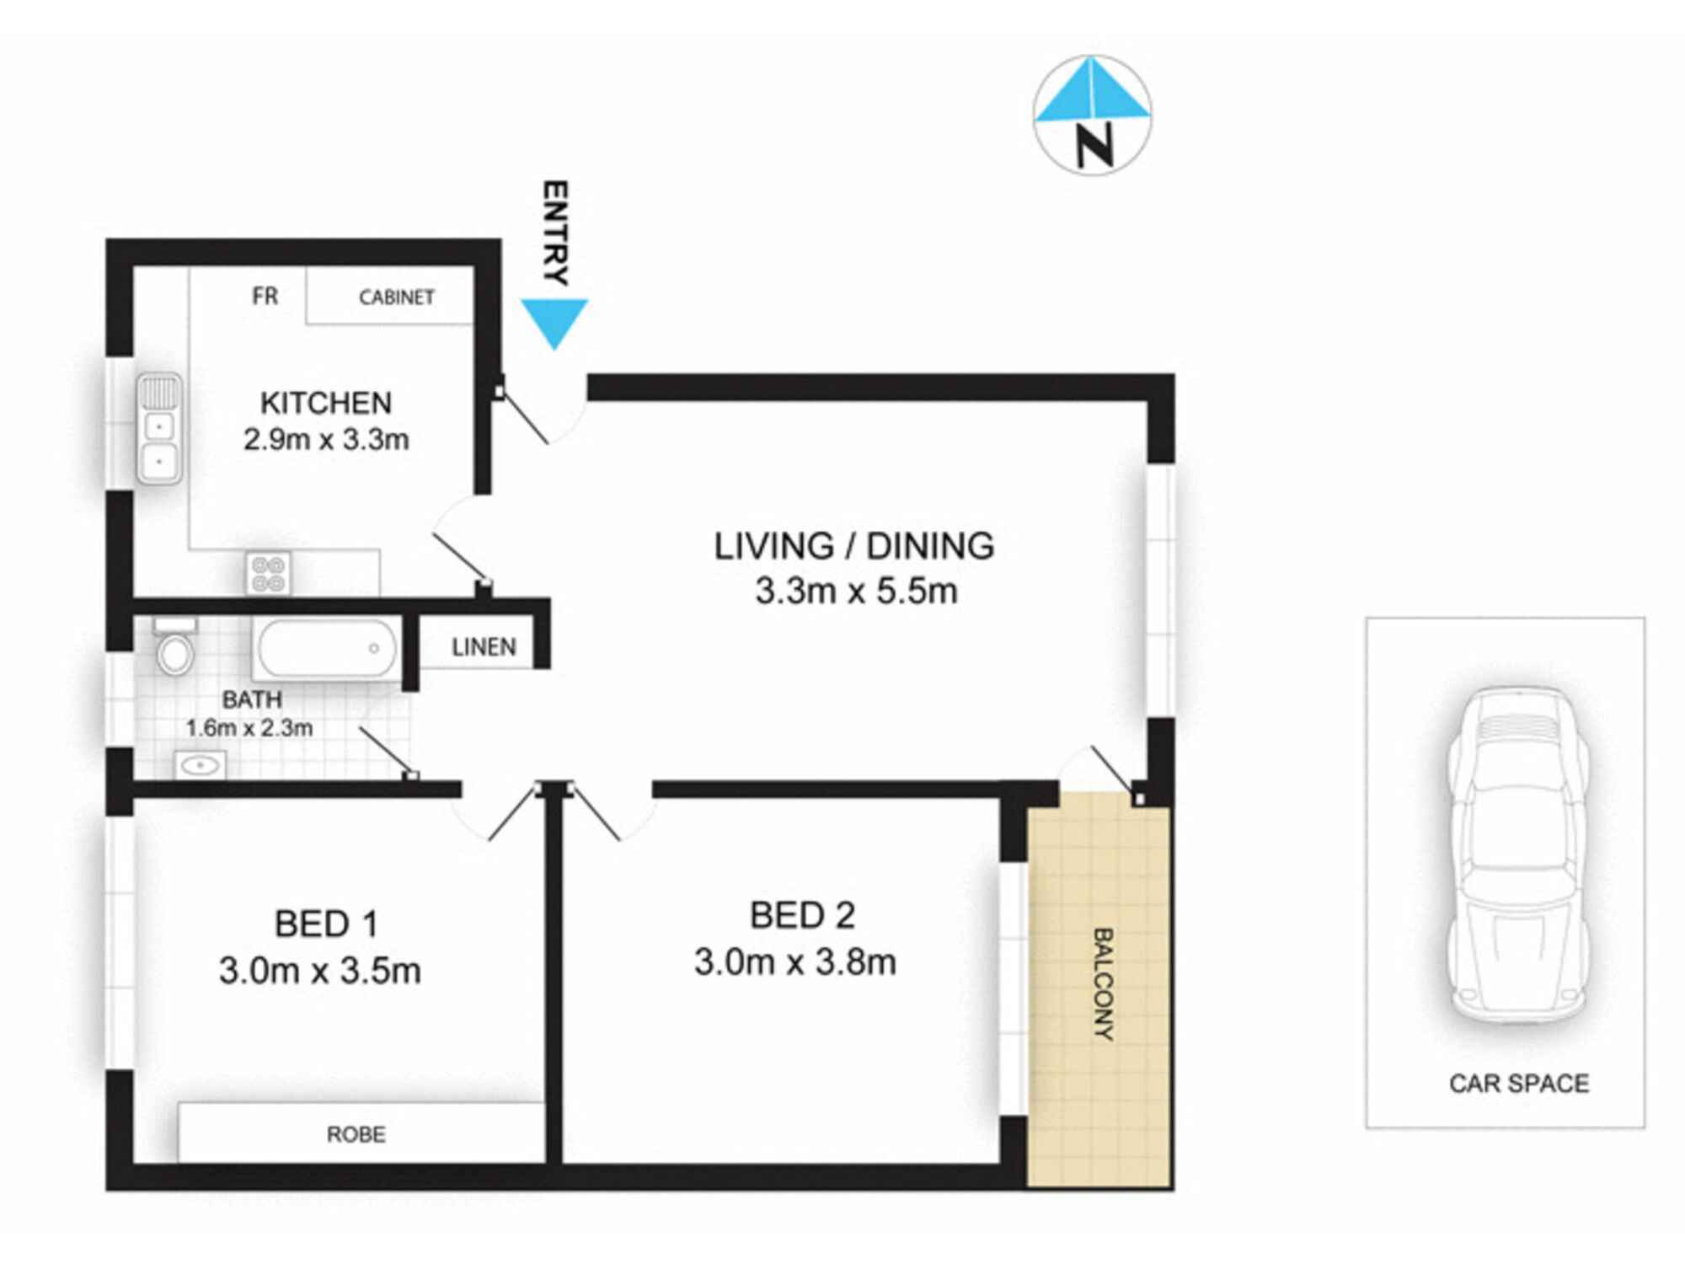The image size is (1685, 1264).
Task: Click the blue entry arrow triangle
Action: click(554, 320)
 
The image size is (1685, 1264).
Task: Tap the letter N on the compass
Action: click(1094, 145)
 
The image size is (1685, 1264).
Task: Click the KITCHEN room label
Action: click(326, 403)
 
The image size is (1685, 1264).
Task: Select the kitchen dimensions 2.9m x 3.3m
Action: click(326, 439)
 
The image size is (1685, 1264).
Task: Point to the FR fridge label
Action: click(265, 296)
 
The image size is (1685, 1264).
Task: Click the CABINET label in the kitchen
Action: click(396, 297)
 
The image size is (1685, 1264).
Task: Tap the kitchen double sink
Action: click(159, 428)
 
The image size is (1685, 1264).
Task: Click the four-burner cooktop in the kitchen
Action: click(269, 573)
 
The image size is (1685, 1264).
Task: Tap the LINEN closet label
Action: click(484, 647)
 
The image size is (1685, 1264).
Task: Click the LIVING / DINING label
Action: click(854, 546)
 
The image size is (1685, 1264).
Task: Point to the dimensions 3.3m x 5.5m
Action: click(856, 592)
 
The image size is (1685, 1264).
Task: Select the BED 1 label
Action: click(326, 924)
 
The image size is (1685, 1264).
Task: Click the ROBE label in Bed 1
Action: click(356, 1134)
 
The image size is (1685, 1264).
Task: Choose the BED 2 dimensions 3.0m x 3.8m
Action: click(794, 961)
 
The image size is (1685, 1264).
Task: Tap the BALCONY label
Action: click(1102, 983)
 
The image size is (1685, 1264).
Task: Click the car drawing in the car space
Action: click(1517, 855)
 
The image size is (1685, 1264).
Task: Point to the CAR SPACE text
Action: click(1518, 1083)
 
